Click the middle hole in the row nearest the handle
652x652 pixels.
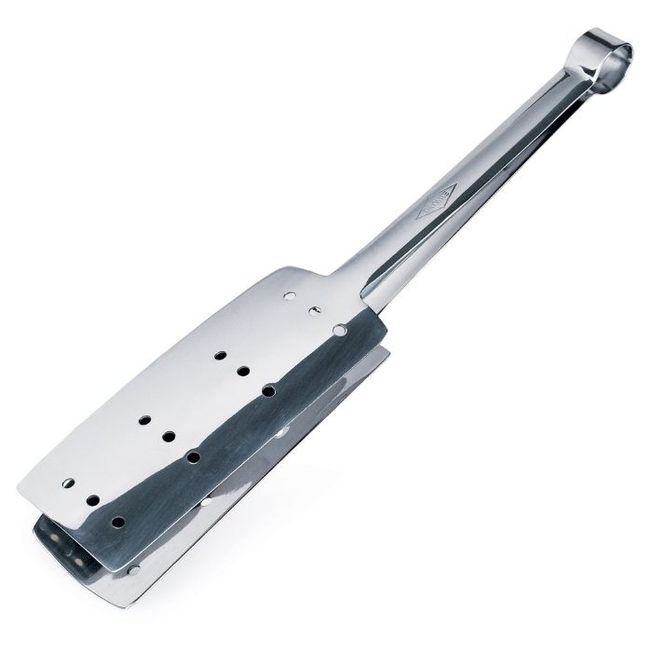tap(314, 308)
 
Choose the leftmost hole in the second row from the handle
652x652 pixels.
tap(219, 355)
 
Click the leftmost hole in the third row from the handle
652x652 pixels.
tap(144, 420)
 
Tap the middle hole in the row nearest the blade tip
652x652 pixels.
tap(93, 500)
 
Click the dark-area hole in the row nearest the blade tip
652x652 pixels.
tap(118, 521)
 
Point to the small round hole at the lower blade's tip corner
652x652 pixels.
tap(135, 566)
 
